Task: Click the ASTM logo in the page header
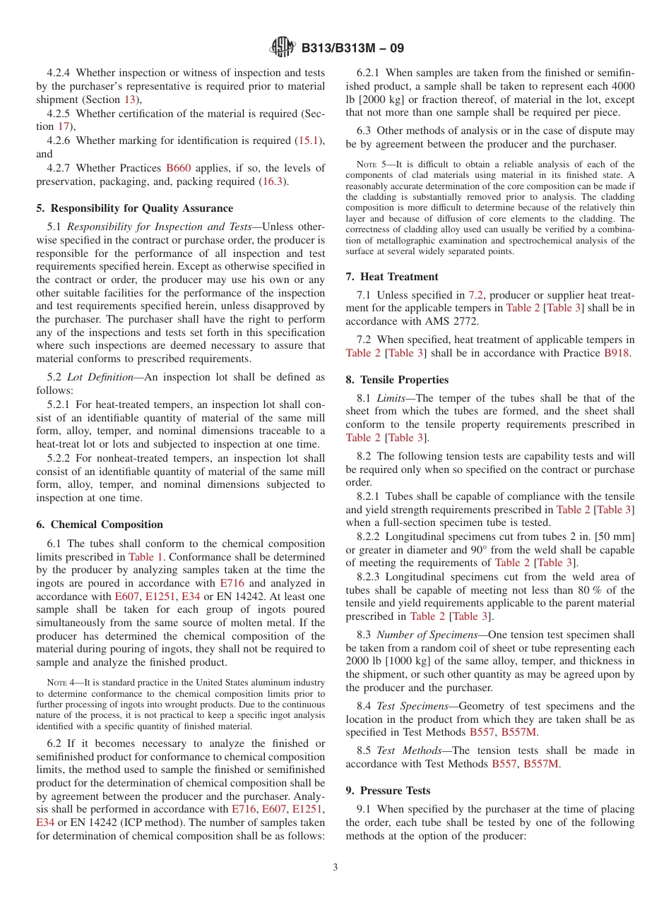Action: point(283,48)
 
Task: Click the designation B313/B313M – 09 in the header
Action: point(352,49)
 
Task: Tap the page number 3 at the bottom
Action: point(335,867)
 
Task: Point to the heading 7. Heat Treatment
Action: point(392,277)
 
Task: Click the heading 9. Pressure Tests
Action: point(388,791)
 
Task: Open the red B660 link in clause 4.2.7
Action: point(178,168)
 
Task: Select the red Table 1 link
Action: point(146,556)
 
